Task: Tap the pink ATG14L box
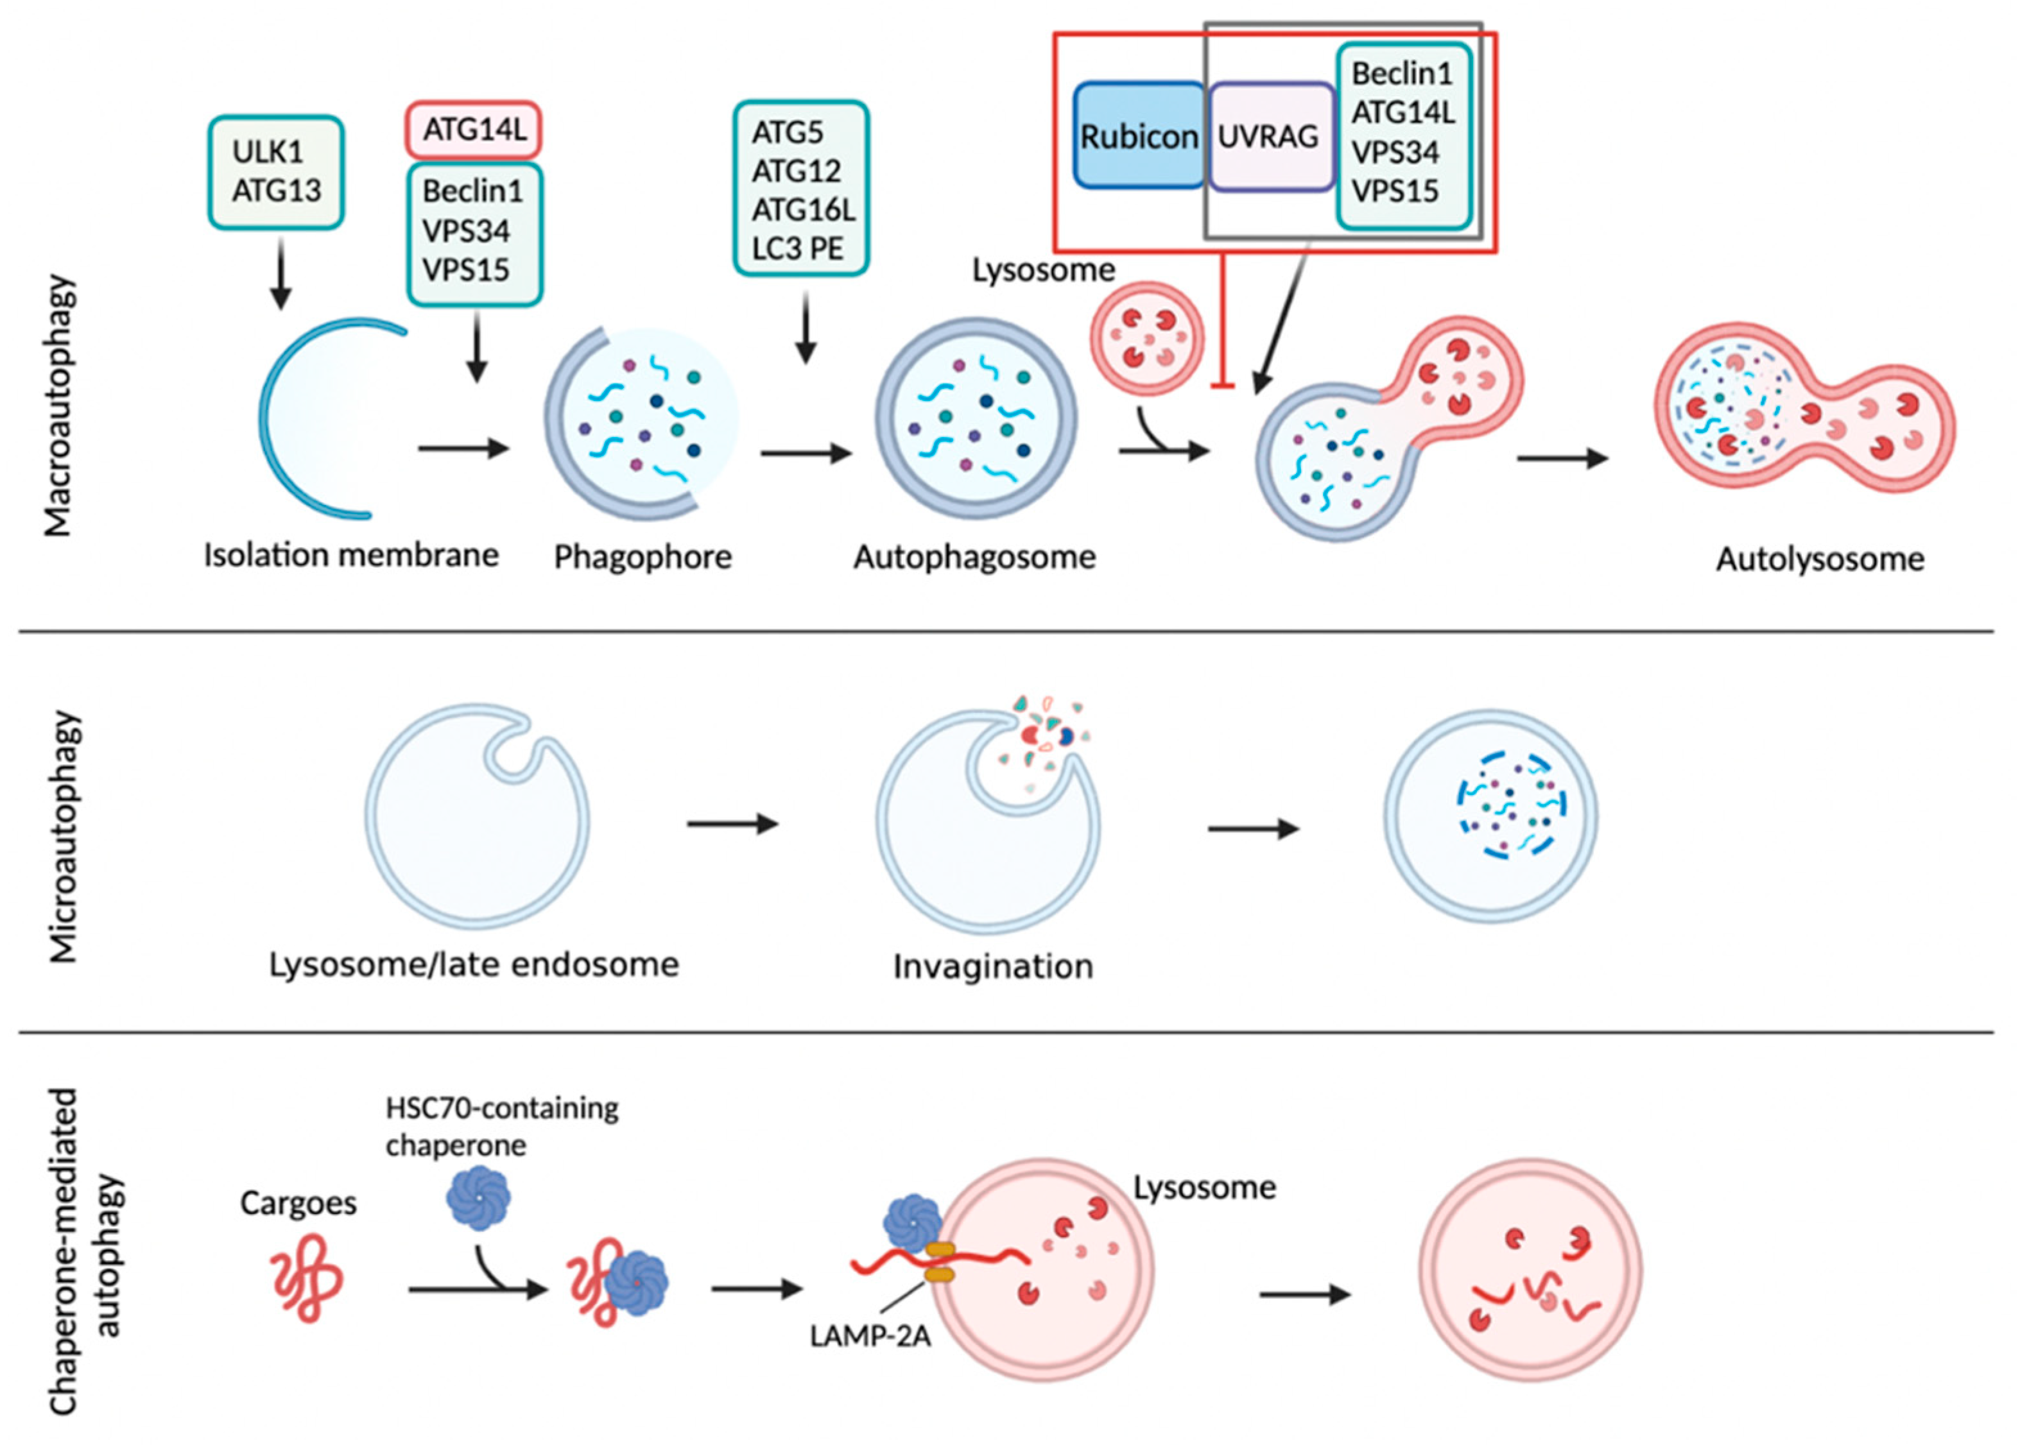pos(474,130)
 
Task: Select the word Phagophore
pos(643,557)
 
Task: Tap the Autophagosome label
pos(974,557)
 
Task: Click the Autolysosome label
pos(1820,559)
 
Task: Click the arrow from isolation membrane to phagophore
pos(463,448)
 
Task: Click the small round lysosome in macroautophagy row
pos(1147,338)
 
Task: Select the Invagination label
pos(992,966)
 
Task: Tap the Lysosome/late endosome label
pos(474,964)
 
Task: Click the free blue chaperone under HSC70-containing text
pos(478,1197)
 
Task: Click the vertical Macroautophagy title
pos(58,406)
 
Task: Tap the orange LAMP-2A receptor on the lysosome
pos(940,1263)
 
